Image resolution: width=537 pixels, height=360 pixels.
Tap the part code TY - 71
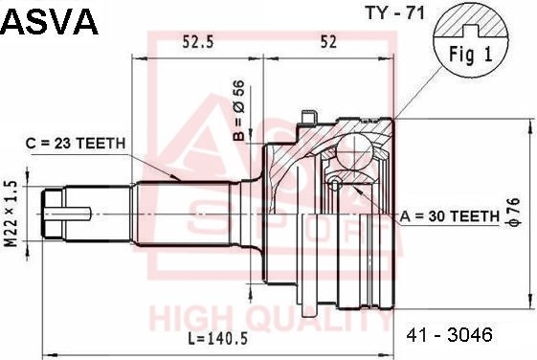394,13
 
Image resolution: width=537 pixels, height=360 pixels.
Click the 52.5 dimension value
197,42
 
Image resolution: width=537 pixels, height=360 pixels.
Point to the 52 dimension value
328,42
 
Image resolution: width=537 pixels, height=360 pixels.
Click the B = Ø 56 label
239,110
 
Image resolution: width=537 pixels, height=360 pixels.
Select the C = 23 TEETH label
76,144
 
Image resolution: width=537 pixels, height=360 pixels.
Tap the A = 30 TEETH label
450,215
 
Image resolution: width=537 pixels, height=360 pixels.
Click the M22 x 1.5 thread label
11,214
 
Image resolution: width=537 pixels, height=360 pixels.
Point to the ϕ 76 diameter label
514,212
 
